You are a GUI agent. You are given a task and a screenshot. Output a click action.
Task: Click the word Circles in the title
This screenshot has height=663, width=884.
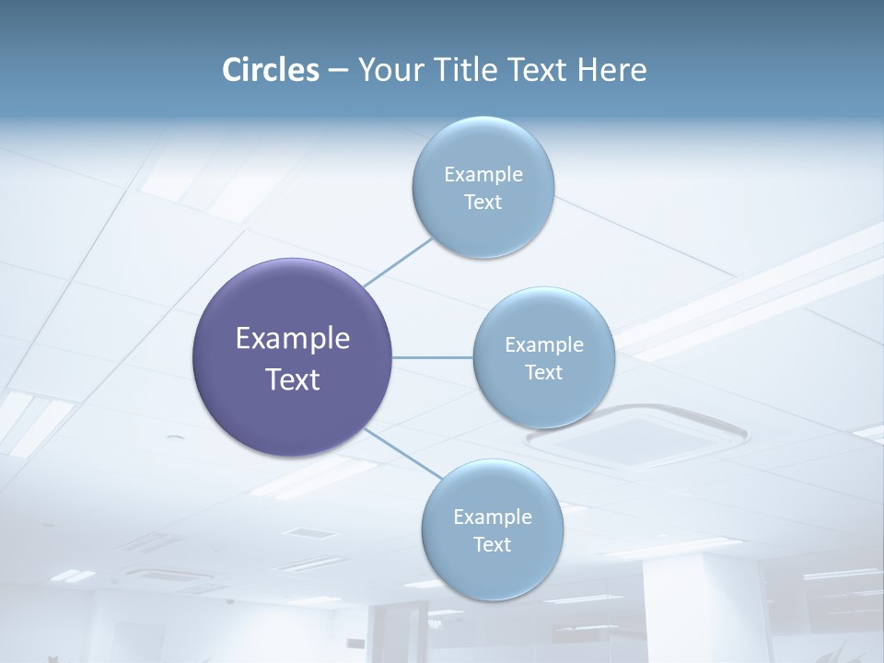pyautogui.click(x=271, y=70)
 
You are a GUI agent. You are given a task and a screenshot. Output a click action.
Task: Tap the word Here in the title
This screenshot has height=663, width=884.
pyautogui.click(x=611, y=70)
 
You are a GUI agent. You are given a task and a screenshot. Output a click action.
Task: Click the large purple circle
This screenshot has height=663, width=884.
pyautogui.click(x=292, y=414)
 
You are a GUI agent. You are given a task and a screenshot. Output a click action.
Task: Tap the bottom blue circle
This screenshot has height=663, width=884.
pyautogui.click(x=492, y=571)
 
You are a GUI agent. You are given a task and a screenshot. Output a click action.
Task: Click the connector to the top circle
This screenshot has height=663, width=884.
pyautogui.click(x=398, y=262)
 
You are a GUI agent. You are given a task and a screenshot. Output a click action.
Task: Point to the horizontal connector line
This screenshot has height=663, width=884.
pyautogui.click(x=433, y=357)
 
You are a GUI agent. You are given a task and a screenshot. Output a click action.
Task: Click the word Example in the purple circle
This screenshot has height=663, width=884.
pyautogui.click(x=293, y=339)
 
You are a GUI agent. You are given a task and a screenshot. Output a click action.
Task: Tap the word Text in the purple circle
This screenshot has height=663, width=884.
pyautogui.click(x=293, y=379)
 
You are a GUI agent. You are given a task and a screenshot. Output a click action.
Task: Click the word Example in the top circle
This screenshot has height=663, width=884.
pyautogui.click(x=483, y=175)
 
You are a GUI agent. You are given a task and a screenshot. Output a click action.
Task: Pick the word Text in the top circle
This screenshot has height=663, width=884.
pyautogui.click(x=483, y=203)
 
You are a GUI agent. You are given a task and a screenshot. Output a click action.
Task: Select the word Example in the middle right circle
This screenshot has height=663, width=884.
pyautogui.click(x=544, y=345)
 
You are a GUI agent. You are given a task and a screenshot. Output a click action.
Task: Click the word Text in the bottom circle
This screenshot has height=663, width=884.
pyautogui.click(x=492, y=545)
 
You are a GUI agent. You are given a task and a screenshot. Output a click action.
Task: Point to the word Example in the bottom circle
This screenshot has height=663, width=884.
pyautogui.click(x=493, y=518)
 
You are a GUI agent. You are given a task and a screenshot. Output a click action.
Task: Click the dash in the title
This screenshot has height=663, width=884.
pyautogui.click(x=337, y=70)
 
